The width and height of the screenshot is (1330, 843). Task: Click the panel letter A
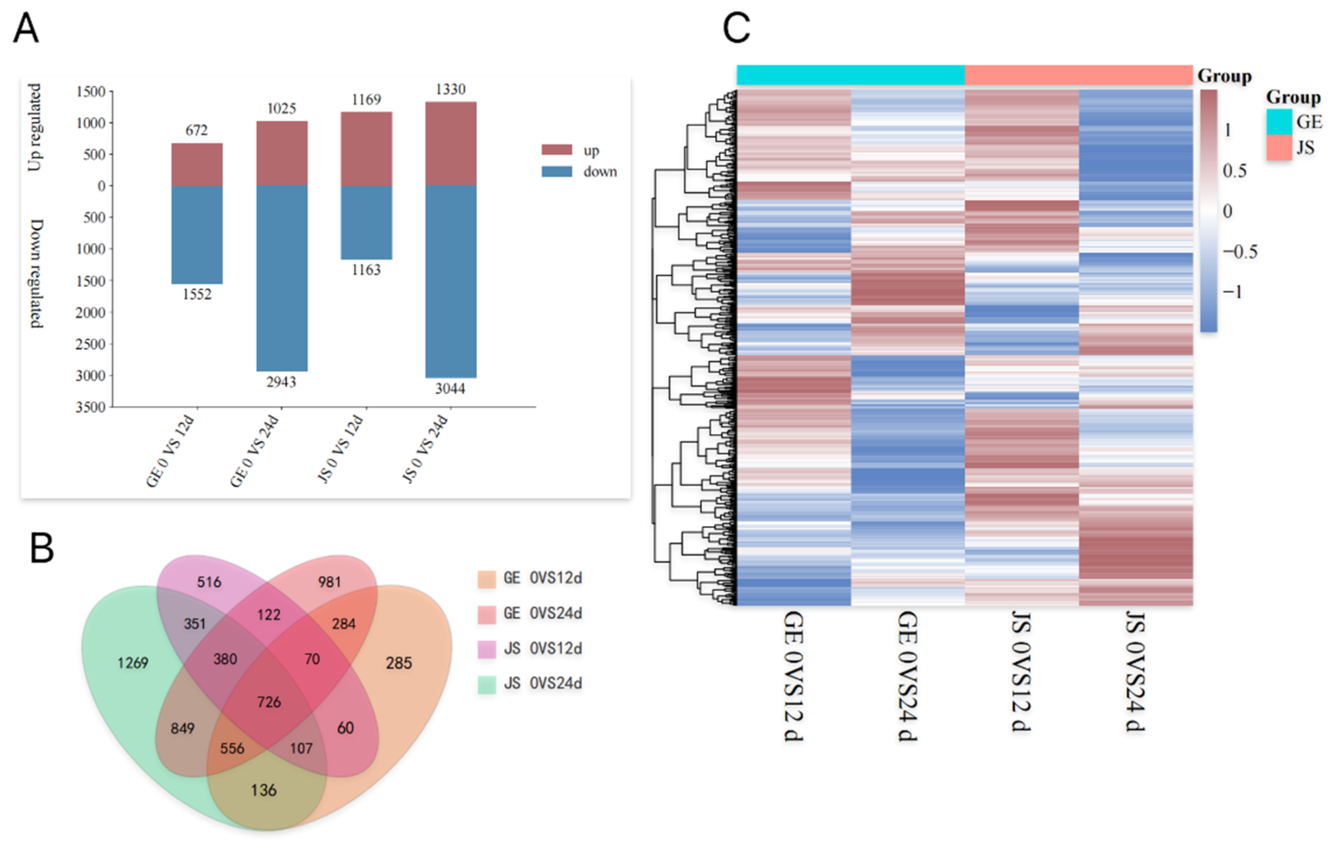point(26,29)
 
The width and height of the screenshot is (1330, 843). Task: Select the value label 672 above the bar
point(197,130)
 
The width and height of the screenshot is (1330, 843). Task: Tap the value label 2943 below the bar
point(281,382)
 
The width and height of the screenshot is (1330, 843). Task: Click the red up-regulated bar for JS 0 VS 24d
point(451,144)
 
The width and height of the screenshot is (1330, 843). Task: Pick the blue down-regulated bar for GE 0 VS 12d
point(197,235)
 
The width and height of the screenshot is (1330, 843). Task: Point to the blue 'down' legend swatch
point(556,172)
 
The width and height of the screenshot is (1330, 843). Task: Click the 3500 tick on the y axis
point(91,407)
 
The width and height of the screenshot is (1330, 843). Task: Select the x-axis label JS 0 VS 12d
point(341,449)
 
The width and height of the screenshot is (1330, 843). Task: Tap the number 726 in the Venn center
point(269,702)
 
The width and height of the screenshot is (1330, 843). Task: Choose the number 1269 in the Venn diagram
point(132,662)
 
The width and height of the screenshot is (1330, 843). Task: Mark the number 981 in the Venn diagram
point(329,582)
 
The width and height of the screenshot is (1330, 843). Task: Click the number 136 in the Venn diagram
point(263,790)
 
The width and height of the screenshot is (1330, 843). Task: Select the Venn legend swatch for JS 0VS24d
point(487,684)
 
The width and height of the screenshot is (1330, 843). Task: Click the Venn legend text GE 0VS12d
point(542,578)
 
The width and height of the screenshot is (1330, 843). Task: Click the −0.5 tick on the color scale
point(1239,252)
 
